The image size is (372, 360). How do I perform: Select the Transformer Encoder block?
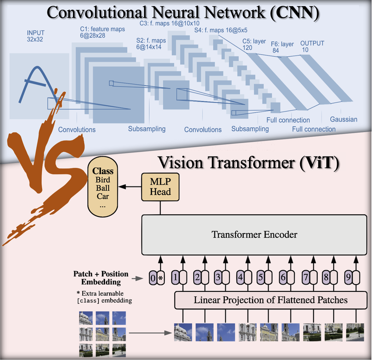(x=254, y=234)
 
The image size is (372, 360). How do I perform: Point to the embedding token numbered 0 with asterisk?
(x=156, y=278)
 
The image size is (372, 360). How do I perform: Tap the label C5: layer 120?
(x=254, y=45)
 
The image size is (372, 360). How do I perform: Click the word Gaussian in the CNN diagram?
(x=344, y=119)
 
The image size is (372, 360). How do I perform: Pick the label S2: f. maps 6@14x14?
(x=151, y=43)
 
